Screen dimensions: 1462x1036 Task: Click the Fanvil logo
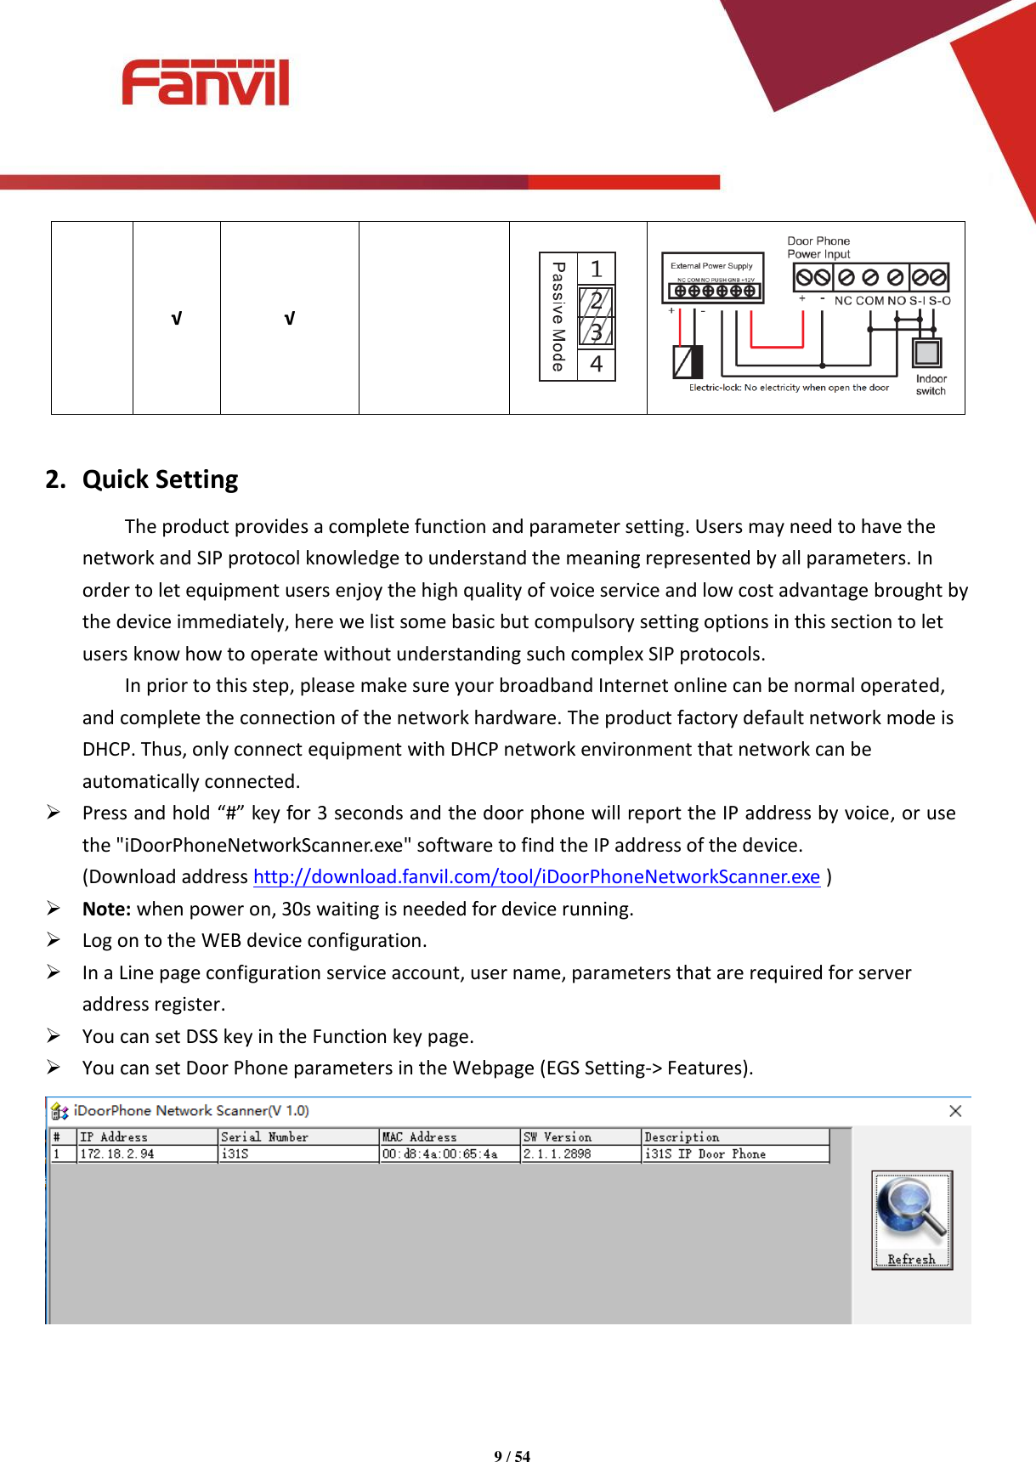[206, 82]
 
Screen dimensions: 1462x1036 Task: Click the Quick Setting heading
[160, 479]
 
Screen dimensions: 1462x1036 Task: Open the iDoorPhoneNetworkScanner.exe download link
[536, 876]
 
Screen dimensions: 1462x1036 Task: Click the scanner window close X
[955, 1111]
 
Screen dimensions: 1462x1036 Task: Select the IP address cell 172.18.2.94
[117, 1153]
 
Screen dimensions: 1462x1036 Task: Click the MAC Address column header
[420, 1136]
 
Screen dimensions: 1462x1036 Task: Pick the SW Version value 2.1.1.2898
[557, 1153]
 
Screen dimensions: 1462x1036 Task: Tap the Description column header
[682, 1136]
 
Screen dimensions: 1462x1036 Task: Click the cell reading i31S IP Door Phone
[705, 1153]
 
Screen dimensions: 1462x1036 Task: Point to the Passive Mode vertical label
[558, 316]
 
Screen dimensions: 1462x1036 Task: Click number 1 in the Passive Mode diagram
[597, 269]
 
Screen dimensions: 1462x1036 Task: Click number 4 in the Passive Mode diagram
[597, 364]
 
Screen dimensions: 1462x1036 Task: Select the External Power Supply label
[711, 265]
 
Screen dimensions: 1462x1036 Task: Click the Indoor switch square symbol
[926, 352]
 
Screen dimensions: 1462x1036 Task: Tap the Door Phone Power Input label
[818, 247]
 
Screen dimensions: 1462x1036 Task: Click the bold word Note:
[106, 909]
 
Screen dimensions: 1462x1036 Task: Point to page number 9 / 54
[512, 1456]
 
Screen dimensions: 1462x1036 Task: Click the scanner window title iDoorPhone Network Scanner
[190, 1110]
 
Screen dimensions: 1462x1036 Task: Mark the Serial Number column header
[264, 1136]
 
